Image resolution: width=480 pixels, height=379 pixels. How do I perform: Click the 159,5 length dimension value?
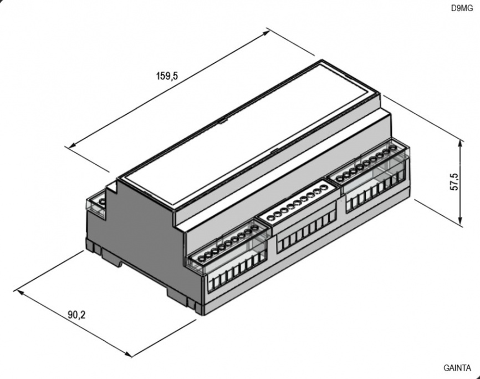pos(167,76)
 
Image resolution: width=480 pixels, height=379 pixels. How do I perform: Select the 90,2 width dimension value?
pos(76,315)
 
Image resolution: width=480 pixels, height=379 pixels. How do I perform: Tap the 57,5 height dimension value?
pos(455,181)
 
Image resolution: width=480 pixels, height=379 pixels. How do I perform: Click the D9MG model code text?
pos(462,8)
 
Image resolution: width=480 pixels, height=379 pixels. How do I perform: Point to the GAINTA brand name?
pos(457,368)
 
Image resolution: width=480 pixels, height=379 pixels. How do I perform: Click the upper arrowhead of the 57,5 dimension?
pos(461,143)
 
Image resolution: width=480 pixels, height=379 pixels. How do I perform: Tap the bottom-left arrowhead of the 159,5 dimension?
pos(72,145)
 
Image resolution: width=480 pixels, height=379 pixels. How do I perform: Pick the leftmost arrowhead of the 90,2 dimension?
pos(20,292)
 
